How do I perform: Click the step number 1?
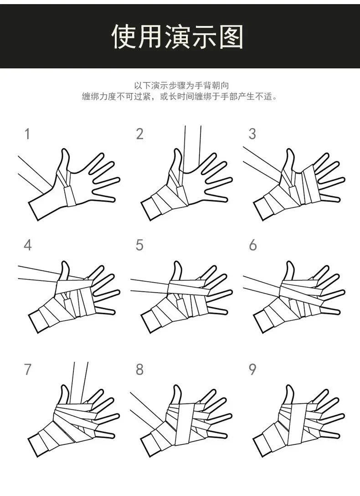pyautogui.click(x=27, y=134)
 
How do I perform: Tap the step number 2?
pyautogui.click(x=139, y=134)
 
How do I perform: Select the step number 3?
pyautogui.click(x=252, y=134)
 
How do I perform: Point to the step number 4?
pyautogui.click(x=27, y=245)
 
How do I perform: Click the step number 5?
pyautogui.click(x=139, y=245)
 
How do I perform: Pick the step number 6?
pyautogui.click(x=252, y=245)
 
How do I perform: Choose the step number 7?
pyautogui.click(x=27, y=369)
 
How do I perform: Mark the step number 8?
pyautogui.click(x=139, y=369)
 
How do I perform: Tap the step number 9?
pyautogui.click(x=252, y=369)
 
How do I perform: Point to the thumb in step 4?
pyautogui.click(x=64, y=270)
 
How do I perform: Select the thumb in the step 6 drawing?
pyautogui.click(x=289, y=270)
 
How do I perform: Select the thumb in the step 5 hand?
pyautogui.click(x=177, y=270)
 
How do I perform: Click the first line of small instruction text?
pyautogui.click(x=180, y=85)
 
